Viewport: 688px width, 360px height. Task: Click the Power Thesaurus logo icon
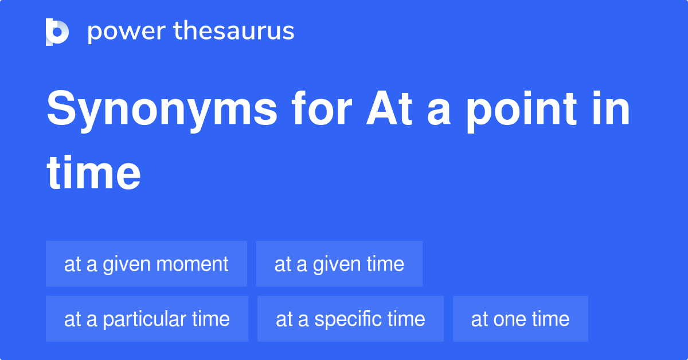pos(57,32)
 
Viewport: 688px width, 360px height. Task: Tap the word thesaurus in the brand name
pos(234,32)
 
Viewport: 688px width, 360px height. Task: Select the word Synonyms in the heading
pos(162,110)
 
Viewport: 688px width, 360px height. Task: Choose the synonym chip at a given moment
pos(146,264)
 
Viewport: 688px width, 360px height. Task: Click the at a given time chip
pos(339,264)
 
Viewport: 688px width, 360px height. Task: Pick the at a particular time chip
pos(147,319)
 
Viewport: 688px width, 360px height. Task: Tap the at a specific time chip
pos(350,319)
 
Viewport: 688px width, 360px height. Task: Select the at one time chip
pos(520,319)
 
